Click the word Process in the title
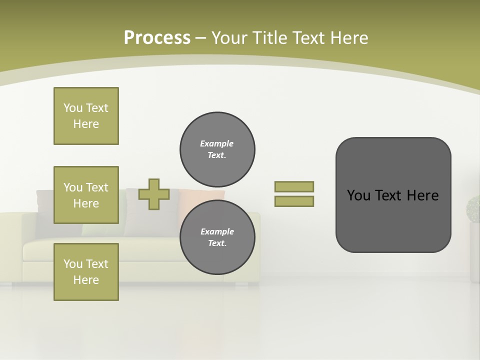157,38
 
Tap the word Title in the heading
269,38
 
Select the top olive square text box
86,116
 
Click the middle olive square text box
86,195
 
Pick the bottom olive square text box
86,272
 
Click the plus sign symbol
154,194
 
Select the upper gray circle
217,149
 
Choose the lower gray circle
217,237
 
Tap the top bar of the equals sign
294,186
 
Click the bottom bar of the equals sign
294,201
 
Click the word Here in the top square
86,124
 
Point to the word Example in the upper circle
217,143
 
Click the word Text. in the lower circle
217,243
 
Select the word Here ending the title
347,38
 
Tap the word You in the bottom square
73,264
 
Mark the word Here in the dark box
422,195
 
